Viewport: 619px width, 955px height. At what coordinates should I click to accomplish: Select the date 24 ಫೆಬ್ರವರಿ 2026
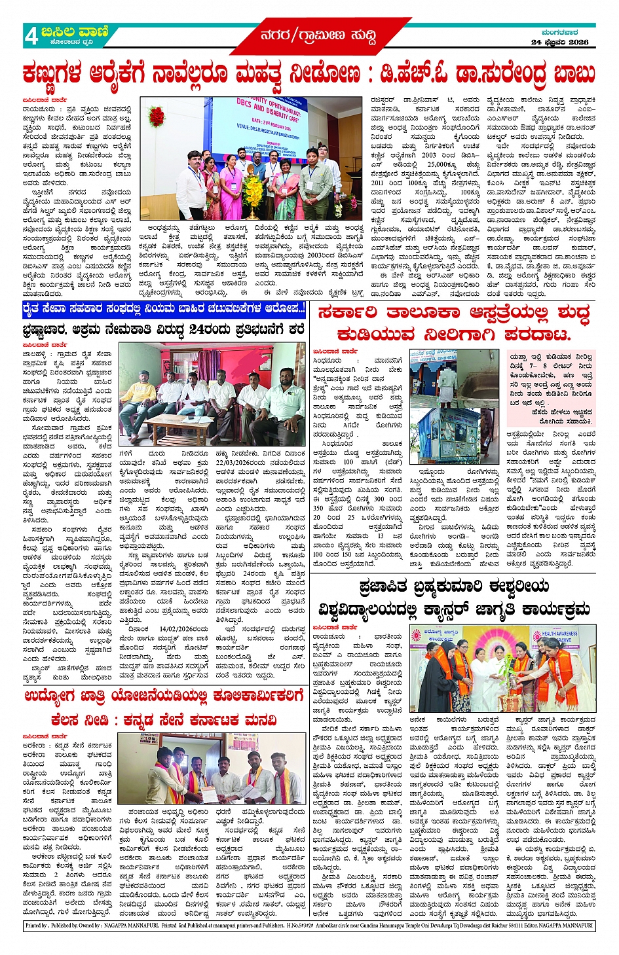[x=559, y=42]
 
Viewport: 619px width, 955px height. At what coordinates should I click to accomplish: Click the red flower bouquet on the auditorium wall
[x=156, y=116]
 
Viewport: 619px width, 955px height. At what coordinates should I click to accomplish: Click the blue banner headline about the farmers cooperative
[x=164, y=308]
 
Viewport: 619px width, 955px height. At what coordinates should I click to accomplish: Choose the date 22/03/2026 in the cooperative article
[x=234, y=462]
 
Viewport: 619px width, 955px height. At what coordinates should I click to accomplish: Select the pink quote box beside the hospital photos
[x=551, y=389]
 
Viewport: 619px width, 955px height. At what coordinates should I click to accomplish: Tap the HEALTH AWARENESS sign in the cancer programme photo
[x=559, y=636]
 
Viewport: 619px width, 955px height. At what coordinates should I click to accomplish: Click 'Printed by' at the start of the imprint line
[x=35, y=926]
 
